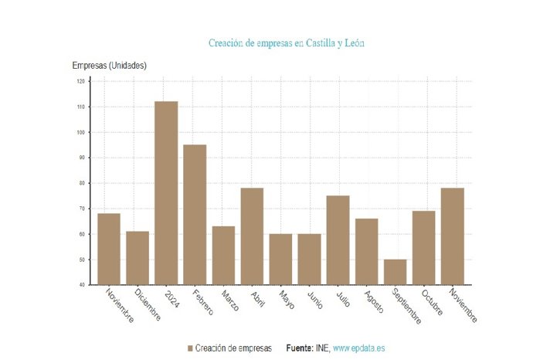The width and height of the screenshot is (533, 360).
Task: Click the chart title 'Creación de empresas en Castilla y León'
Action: tap(286, 43)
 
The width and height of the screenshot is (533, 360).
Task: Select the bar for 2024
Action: tap(166, 193)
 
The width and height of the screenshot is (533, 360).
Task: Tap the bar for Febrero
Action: tap(195, 215)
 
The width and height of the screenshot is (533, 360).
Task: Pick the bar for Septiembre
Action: tap(395, 272)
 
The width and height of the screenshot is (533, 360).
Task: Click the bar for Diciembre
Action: tap(137, 258)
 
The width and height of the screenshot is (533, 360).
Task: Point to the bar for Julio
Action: tap(338, 240)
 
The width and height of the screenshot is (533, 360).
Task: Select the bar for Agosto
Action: tap(366, 252)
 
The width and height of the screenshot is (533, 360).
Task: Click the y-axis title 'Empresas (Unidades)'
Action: tap(109, 66)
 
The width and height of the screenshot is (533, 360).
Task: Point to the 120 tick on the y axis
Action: tap(80, 81)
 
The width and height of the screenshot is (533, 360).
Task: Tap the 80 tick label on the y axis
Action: tap(80, 183)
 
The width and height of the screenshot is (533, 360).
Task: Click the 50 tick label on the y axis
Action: tap(80, 260)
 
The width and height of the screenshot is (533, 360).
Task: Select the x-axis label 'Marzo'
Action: tap(227, 300)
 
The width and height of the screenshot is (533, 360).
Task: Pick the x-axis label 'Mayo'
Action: tap(286, 299)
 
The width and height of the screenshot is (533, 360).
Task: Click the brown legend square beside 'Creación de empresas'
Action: tap(190, 348)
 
